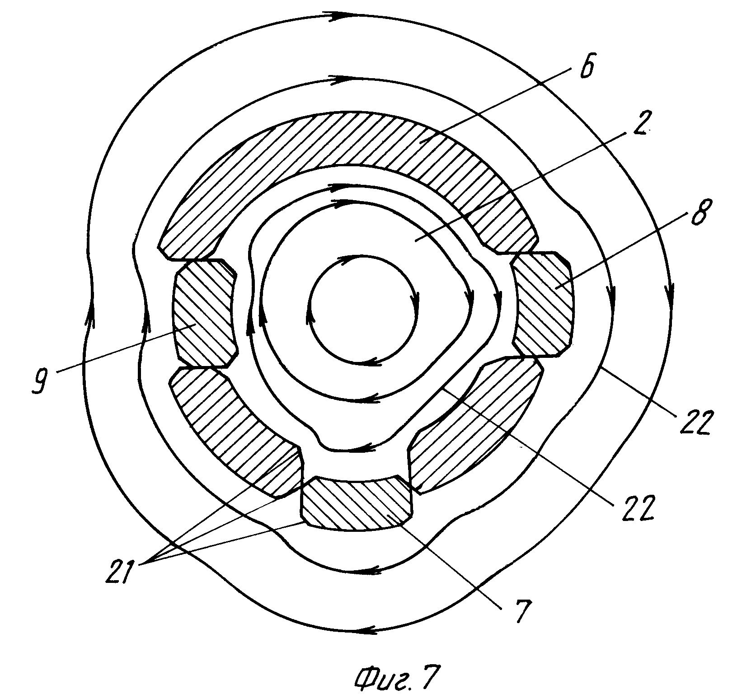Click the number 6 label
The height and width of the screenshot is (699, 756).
(x=585, y=66)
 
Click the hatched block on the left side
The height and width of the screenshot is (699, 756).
(x=203, y=314)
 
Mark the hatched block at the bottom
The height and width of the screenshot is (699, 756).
(x=357, y=504)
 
